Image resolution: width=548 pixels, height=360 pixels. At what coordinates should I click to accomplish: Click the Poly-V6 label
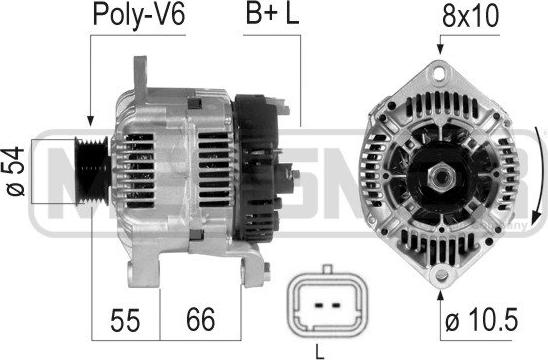click(x=139, y=15)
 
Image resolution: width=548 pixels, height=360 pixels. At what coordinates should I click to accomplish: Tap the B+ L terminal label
click(x=272, y=14)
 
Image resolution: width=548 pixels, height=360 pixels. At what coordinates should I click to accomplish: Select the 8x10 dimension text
click(x=470, y=16)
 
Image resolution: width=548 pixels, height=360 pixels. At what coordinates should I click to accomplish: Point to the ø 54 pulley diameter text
click(x=16, y=172)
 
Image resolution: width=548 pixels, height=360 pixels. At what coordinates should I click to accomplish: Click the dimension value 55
click(x=125, y=320)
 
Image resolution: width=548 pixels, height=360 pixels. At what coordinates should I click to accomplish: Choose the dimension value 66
click(x=201, y=319)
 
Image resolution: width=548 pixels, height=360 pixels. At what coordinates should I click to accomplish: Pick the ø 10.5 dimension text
click(x=482, y=319)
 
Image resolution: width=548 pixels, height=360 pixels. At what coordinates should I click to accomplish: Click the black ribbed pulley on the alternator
click(x=93, y=172)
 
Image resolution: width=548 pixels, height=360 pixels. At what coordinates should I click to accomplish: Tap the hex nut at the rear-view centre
click(x=441, y=178)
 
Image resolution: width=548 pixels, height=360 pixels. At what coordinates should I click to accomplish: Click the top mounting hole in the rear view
click(x=440, y=73)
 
